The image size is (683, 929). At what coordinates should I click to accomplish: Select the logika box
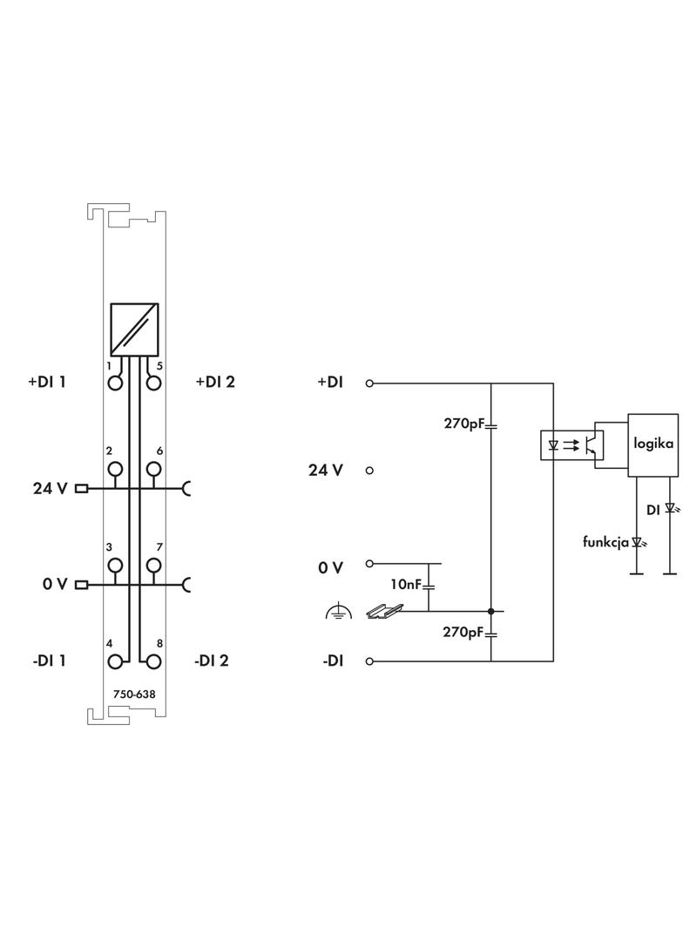[x=653, y=444]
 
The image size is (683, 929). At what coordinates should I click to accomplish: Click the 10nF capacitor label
[x=405, y=584]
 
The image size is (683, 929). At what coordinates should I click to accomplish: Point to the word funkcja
[x=605, y=542]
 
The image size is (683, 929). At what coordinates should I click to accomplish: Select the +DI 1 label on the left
[x=46, y=382]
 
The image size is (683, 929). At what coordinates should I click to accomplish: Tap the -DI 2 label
[x=212, y=661]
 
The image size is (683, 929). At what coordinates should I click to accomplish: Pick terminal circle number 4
[x=114, y=661]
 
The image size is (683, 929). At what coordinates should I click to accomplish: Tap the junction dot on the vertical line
[x=490, y=611]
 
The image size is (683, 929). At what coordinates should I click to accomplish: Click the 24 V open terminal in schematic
[x=369, y=471]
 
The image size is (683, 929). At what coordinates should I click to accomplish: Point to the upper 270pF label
[x=463, y=424]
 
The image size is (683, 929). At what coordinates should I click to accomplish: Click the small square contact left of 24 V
[x=82, y=488]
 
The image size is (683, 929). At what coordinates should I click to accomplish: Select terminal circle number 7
[x=154, y=565]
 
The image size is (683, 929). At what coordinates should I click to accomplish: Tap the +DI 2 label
[x=215, y=382]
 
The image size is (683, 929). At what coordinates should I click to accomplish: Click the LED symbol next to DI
[x=670, y=508]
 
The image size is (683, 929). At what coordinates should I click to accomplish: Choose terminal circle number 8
[x=154, y=661]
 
